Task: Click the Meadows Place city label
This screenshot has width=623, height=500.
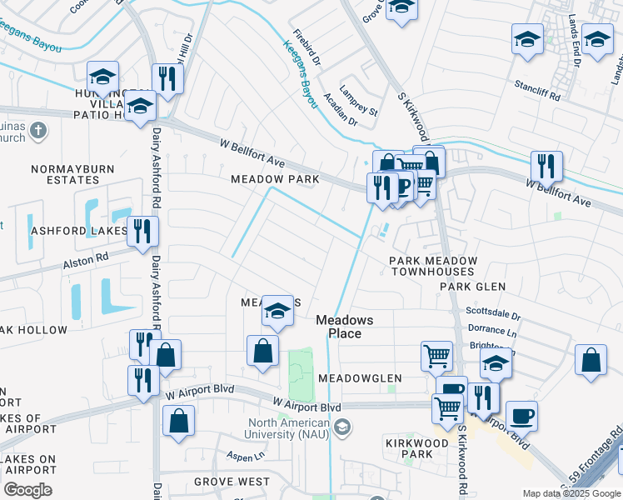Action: tap(344, 327)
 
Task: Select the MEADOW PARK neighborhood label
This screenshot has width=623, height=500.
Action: tap(275, 179)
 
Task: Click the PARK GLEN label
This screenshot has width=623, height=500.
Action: tap(473, 287)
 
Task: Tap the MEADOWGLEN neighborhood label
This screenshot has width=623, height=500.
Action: tap(360, 378)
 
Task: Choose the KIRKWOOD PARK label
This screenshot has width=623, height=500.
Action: tap(409, 447)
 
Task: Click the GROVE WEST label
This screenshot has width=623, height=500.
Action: tap(232, 482)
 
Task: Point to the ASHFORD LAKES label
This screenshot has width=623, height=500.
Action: tap(67, 230)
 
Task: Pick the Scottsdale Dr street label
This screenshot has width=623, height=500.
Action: tap(493, 314)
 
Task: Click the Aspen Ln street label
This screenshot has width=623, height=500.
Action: tap(246, 456)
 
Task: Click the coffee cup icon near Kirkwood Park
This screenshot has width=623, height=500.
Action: tap(521, 415)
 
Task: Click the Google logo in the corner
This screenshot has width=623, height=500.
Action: tap(27, 490)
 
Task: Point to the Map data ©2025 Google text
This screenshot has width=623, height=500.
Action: tap(571, 493)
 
